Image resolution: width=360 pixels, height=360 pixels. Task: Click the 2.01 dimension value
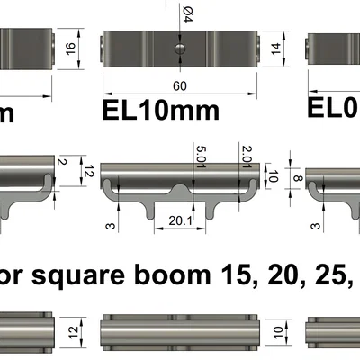pos(246,158)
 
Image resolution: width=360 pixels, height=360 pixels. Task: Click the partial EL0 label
pos(334,107)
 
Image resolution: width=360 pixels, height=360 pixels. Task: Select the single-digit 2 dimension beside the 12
pos(62,162)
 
